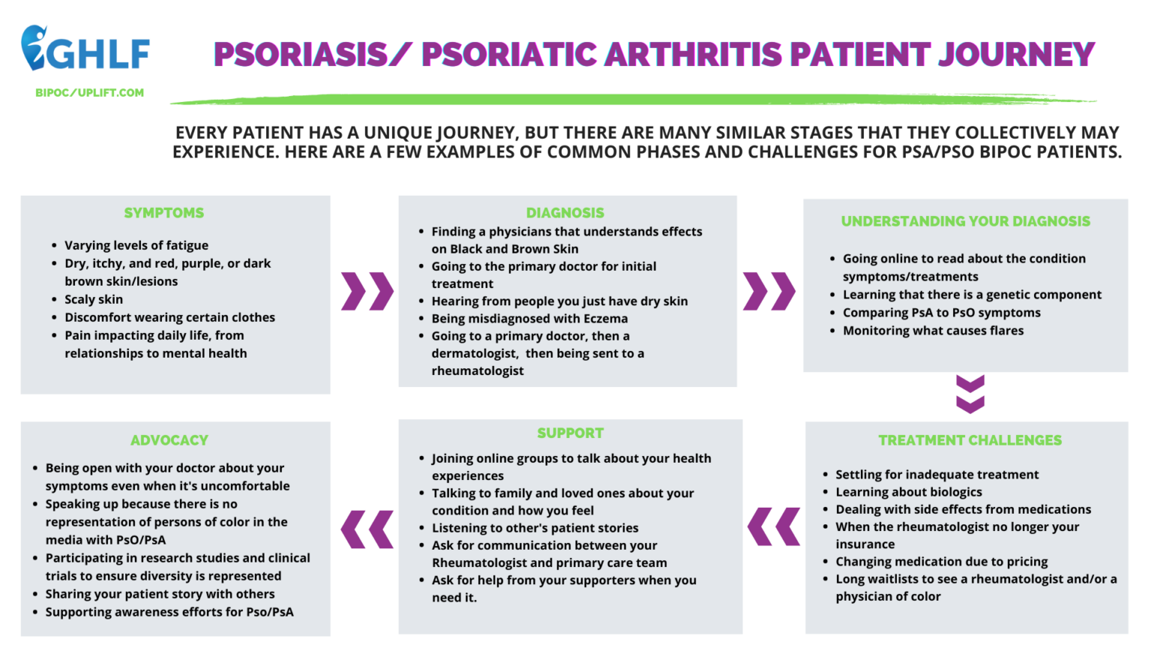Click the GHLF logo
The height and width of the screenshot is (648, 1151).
tap(85, 49)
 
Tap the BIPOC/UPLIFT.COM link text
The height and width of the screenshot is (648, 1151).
tap(89, 93)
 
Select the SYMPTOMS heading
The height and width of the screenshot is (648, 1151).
tap(164, 213)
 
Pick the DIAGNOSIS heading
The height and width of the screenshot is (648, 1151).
tap(565, 213)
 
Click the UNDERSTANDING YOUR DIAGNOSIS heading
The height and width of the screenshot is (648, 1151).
tap(965, 221)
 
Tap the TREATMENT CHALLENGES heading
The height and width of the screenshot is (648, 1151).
tap(970, 440)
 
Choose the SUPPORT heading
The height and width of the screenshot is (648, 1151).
tap(570, 433)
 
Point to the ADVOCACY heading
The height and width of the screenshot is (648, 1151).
tap(169, 440)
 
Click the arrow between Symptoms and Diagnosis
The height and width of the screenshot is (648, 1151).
tap(367, 291)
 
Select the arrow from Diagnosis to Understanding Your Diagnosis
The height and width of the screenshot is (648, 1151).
tap(769, 291)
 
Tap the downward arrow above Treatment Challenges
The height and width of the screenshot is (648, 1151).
tap(970, 394)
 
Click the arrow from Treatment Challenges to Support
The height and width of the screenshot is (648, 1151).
tap(773, 526)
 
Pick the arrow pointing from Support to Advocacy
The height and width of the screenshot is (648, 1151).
tap(367, 529)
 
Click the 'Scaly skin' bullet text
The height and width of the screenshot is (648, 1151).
tap(94, 299)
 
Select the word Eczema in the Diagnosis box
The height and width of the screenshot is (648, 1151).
tap(605, 319)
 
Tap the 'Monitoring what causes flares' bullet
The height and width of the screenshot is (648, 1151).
tap(933, 331)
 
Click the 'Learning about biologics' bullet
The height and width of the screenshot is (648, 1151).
tap(908, 492)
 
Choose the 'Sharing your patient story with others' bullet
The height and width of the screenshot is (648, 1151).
tap(160, 594)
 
